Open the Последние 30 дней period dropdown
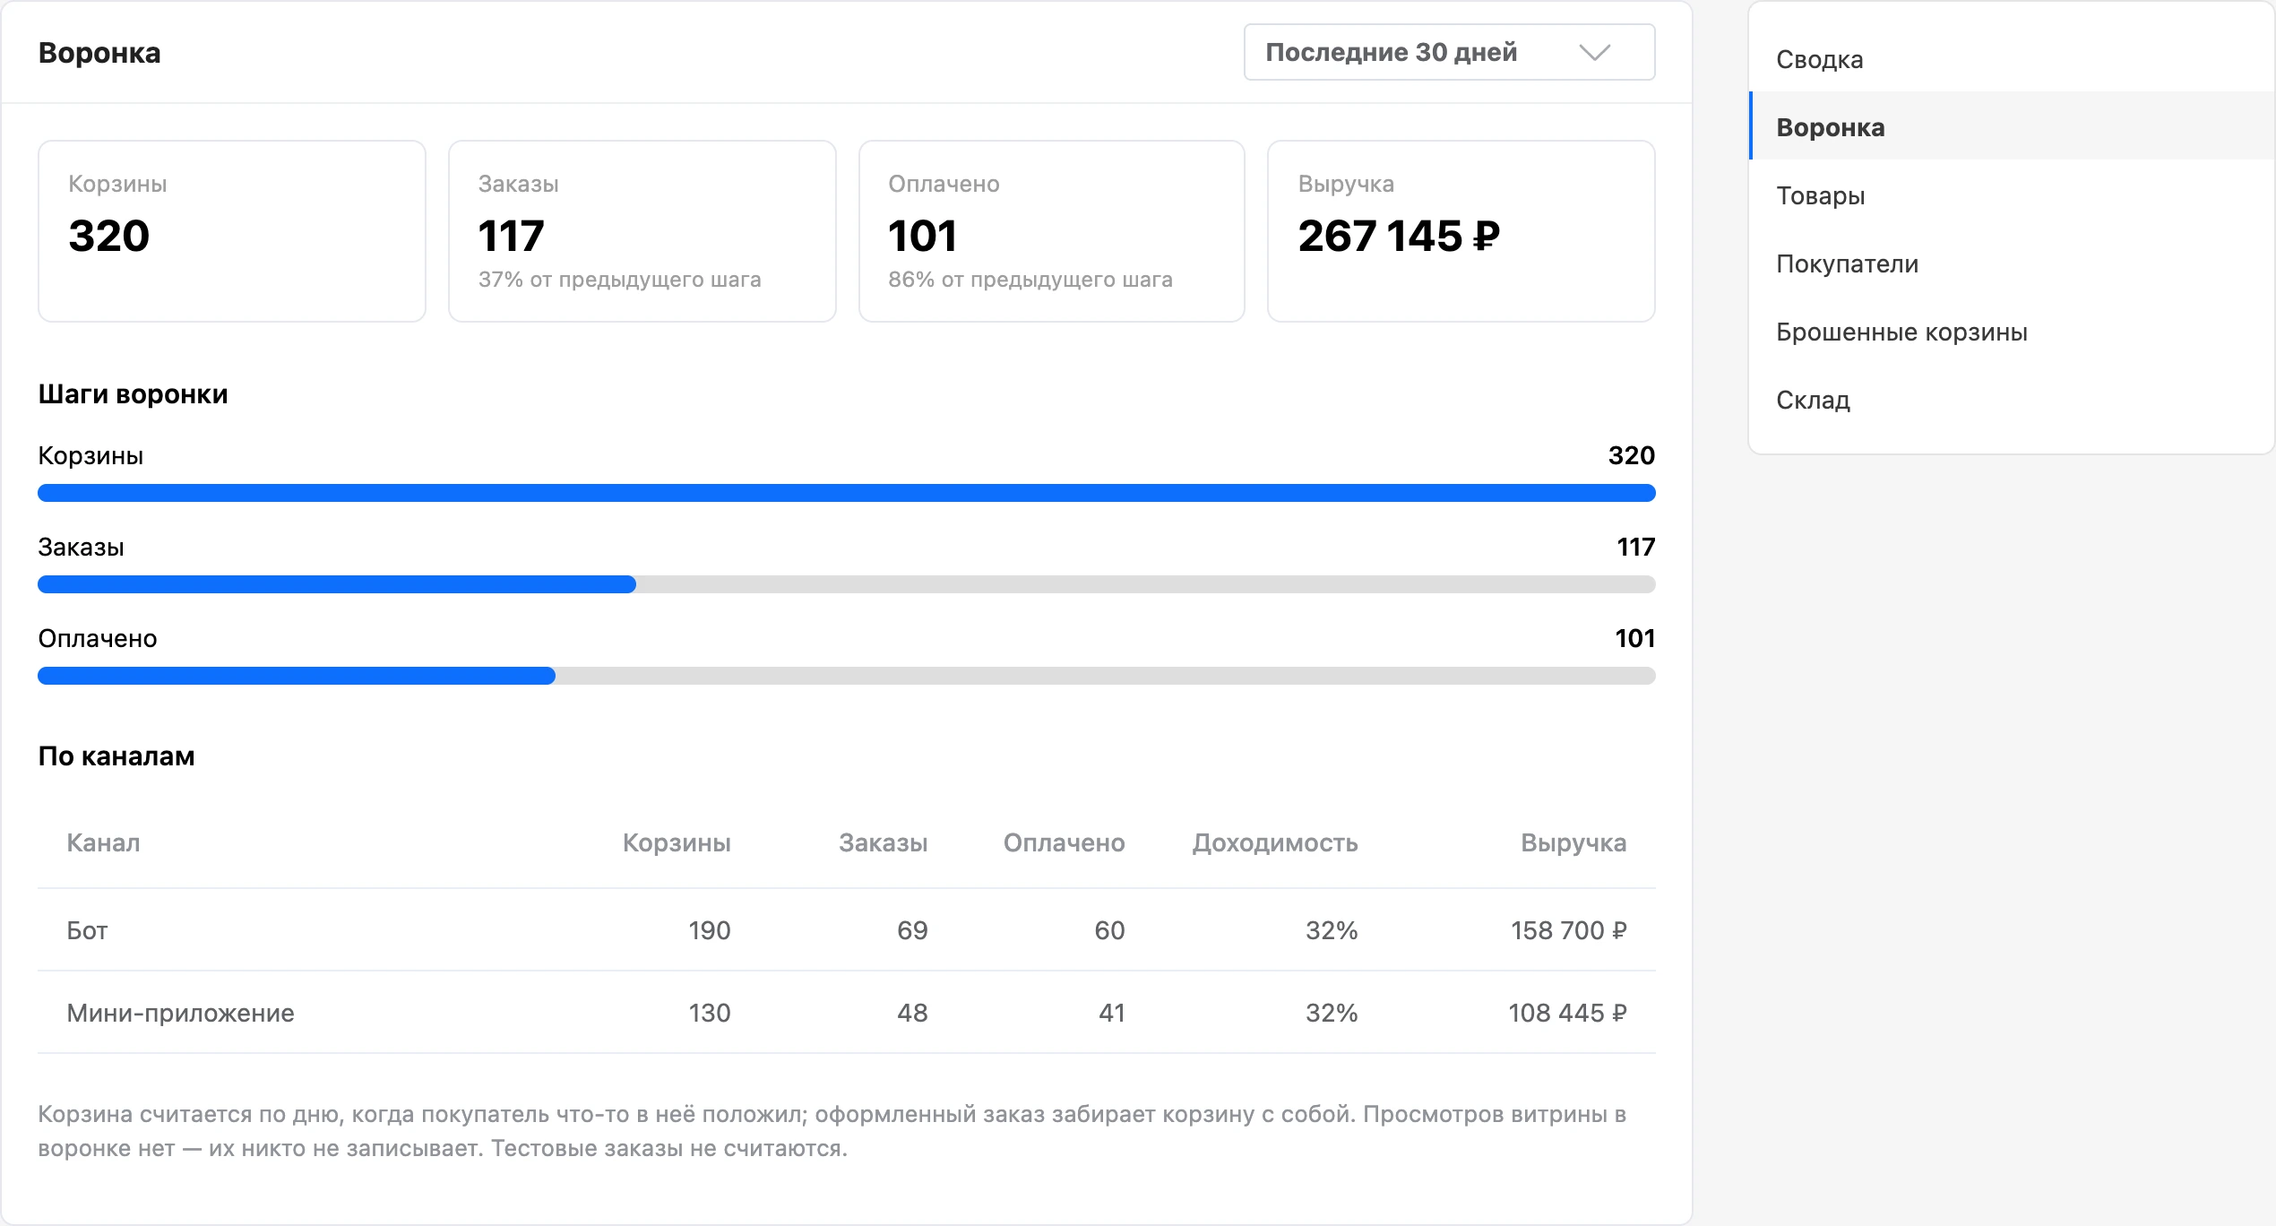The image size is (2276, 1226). [x=1449, y=52]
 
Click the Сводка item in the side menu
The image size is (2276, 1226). [x=1820, y=59]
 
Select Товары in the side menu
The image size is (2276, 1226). [x=1821, y=195]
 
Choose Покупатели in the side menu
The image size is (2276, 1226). [x=1848, y=263]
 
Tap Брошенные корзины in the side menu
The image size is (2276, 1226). [x=1901, y=332]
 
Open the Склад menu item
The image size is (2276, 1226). [x=1813, y=400]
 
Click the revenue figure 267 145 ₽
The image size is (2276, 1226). [x=1399, y=236]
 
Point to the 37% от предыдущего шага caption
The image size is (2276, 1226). [x=619, y=280]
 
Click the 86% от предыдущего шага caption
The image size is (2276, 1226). [x=1030, y=280]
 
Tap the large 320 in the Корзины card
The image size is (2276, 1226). [x=108, y=236]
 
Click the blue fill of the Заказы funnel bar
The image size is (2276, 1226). [x=337, y=584]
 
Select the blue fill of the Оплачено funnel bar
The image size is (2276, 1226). [x=297, y=676]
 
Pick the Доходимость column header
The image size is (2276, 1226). [x=1275, y=842]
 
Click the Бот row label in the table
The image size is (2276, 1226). [x=87, y=930]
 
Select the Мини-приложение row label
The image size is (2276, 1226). [x=180, y=1013]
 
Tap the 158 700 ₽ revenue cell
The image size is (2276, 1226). [x=1568, y=930]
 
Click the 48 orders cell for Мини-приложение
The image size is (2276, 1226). [x=912, y=1013]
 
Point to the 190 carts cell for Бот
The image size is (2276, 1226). [x=710, y=930]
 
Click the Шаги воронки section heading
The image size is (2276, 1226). [x=133, y=394]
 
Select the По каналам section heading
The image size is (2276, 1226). [x=116, y=756]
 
